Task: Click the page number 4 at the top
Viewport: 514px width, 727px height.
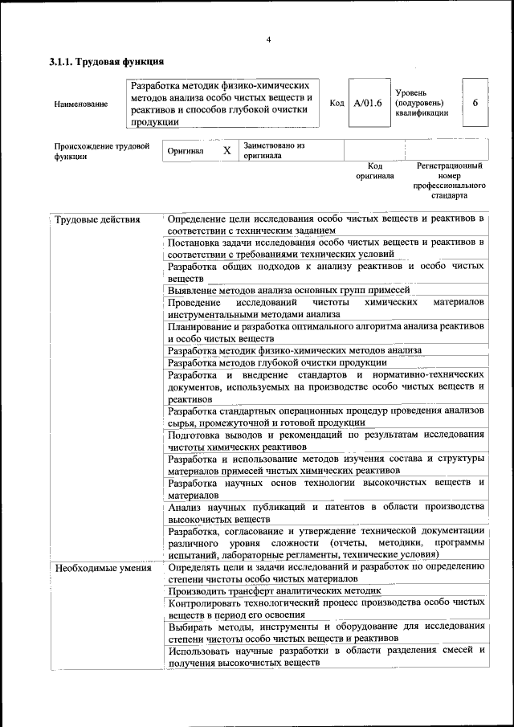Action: [x=268, y=40]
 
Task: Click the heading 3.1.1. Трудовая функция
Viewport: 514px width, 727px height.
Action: [x=107, y=62]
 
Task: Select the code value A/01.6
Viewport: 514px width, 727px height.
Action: [x=367, y=103]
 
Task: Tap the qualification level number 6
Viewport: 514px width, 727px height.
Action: [x=475, y=103]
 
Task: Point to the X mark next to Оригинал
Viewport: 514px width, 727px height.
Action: [x=226, y=150]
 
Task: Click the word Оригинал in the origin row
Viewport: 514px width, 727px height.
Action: [x=186, y=150]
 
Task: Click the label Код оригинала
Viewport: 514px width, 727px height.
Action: [x=375, y=170]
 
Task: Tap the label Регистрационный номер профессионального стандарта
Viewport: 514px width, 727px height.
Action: [x=449, y=180]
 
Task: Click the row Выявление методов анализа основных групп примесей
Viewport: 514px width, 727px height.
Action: [x=289, y=290]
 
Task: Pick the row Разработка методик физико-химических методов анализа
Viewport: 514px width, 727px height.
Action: [x=294, y=350]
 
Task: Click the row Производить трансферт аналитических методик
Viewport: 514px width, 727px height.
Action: [x=274, y=590]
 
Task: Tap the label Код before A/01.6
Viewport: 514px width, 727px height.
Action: [x=337, y=103]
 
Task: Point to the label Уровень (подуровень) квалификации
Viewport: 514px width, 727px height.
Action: [x=422, y=103]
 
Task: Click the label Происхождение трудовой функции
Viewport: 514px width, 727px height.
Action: [x=101, y=151]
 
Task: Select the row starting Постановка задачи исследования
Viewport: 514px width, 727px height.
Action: [x=325, y=248]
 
